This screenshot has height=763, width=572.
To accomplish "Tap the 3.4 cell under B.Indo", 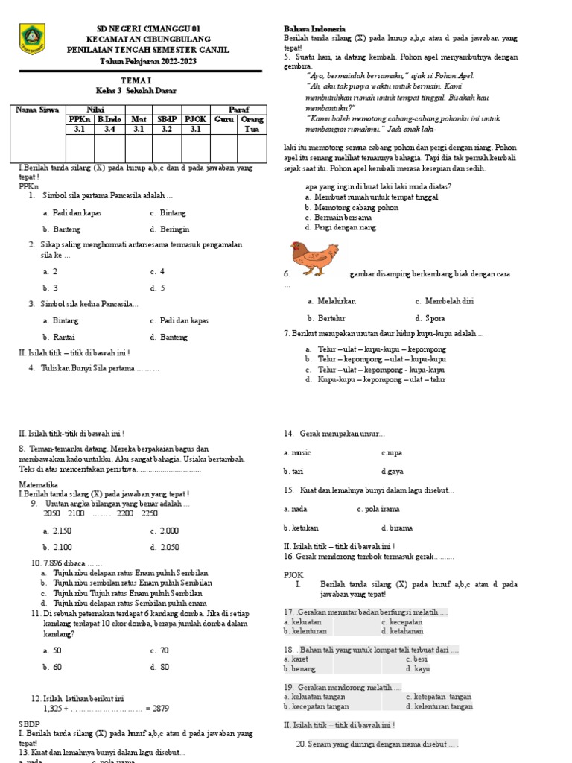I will [109, 129].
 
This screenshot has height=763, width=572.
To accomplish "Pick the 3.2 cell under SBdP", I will [167, 129].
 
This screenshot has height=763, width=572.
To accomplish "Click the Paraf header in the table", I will [239, 110].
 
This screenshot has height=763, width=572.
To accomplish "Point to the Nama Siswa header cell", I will [39, 110].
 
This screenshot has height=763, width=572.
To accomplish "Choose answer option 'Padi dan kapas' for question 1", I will [72, 212].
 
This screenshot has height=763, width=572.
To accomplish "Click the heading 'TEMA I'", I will [136, 77].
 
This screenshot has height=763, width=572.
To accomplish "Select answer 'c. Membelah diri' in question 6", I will [444, 301].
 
